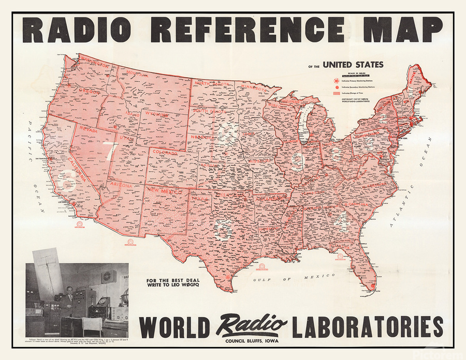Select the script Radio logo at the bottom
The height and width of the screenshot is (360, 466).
[x=252, y=325]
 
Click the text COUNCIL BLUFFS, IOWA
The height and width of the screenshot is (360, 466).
[x=252, y=340]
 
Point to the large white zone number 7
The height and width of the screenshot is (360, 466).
[x=111, y=151]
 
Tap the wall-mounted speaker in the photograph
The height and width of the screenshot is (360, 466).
[x=108, y=276]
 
